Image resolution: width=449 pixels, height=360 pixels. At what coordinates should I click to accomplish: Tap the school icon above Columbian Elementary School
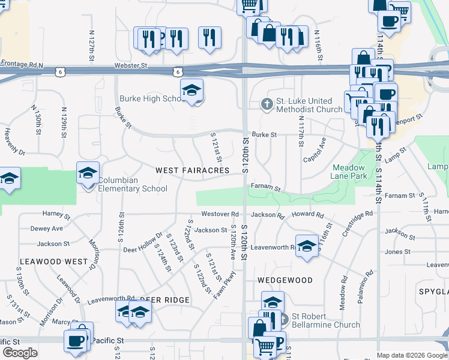point(88,173)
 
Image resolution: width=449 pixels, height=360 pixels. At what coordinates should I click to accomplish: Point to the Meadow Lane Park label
point(348,172)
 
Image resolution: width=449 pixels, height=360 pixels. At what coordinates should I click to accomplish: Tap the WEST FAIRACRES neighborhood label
point(192,170)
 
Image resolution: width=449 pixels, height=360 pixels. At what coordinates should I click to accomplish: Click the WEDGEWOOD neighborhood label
point(285,280)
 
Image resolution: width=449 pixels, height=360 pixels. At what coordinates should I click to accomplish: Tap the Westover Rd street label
point(220,214)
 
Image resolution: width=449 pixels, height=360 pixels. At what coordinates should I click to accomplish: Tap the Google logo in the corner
point(19,353)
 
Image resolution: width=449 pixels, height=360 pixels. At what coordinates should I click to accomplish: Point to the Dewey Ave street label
point(46,229)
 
